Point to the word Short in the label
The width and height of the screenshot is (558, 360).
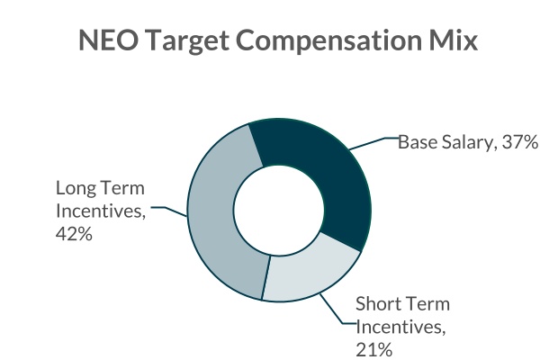[x=376, y=303]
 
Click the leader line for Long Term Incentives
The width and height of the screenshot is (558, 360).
[x=170, y=211]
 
